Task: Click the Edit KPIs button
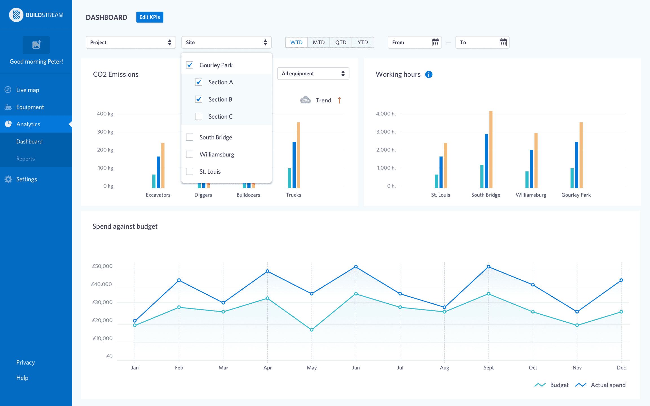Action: (x=150, y=17)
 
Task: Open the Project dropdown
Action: (x=131, y=42)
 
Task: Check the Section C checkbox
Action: (x=199, y=116)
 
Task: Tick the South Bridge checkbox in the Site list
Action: (x=190, y=137)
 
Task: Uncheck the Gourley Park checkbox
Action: (x=190, y=65)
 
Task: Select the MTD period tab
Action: (x=319, y=42)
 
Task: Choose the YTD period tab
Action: (x=363, y=42)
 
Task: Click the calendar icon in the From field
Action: (x=435, y=43)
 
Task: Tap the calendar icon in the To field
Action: (x=503, y=43)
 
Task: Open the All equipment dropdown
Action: (x=313, y=74)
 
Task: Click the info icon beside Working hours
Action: (x=429, y=74)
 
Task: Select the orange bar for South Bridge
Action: (x=491, y=149)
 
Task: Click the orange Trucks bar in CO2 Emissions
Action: (x=298, y=155)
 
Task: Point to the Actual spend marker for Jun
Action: (x=356, y=267)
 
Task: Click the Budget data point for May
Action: (x=311, y=330)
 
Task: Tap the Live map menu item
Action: (x=28, y=90)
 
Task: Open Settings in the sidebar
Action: (x=27, y=179)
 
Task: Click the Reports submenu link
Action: (x=25, y=159)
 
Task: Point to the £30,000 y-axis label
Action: (x=102, y=302)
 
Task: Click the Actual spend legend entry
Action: (x=608, y=385)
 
